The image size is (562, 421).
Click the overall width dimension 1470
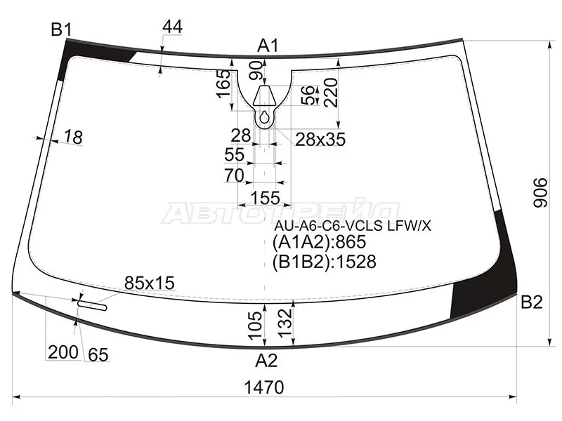tap(264, 387)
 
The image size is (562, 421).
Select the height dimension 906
tap(540, 192)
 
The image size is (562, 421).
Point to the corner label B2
tap(532, 302)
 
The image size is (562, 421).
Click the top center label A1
tap(268, 46)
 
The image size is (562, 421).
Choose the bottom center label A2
tap(266, 361)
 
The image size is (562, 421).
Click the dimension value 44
tap(172, 27)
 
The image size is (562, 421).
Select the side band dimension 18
tap(74, 137)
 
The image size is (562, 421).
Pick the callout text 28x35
tap(320, 139)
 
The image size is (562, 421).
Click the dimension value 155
tap(265, 198)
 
